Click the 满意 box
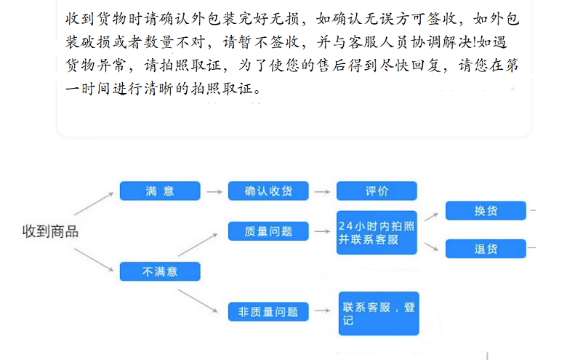click(160, 191)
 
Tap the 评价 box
click(377, 191)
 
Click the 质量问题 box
click(268, 231)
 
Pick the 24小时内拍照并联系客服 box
click(377, 232)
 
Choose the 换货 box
click(486, 211)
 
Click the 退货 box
click(486, 249)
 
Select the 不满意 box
click(160, 271)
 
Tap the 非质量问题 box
click(268, 311)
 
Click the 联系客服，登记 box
click(378, 313)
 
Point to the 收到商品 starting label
click(50, 232)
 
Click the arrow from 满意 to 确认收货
click(214, 192)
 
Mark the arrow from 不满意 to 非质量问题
click(199, 299)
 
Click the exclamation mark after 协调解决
click(475, 41)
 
